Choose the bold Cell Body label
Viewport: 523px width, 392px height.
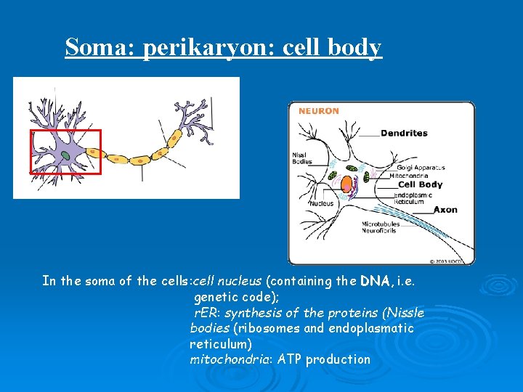[x=420, y=184]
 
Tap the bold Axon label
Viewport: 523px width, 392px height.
[x=445, y=210]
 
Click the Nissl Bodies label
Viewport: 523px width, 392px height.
[x=302, y=158]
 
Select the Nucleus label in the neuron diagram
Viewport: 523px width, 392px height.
[x=322, y=204]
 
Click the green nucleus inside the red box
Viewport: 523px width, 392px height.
[x=65, y=155]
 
